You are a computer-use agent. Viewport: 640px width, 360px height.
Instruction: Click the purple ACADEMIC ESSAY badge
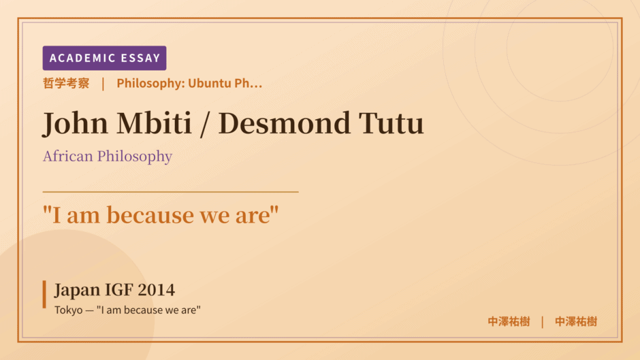click(104, 58)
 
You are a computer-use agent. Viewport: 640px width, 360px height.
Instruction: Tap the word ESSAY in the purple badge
click(140, 58)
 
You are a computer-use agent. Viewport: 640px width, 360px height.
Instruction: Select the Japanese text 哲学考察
click(66, 83)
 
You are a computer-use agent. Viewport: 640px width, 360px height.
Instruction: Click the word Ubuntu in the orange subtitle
click(210, 83)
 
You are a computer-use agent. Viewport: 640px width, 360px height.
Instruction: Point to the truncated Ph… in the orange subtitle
click(248, 83)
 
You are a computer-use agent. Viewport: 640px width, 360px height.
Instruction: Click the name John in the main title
click(76, 123)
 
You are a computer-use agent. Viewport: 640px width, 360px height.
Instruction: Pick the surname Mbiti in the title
click(154, 122)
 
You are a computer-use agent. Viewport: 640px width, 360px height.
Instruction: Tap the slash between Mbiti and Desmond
click(205, 123)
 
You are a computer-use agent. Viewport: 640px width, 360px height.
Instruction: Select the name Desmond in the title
click(284, 122)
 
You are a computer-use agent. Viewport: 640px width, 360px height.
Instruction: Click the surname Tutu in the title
click(391, 122)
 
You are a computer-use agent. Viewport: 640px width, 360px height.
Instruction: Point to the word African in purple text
click(68, 156)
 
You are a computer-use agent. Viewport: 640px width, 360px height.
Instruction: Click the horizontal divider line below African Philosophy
click(171, 191)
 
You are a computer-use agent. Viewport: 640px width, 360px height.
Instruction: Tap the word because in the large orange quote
click(150, 214)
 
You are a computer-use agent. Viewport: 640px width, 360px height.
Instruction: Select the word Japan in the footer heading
click(77, 290)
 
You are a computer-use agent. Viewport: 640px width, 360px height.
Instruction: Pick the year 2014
click(157, 290)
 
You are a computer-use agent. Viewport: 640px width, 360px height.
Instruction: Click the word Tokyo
click(69, 310)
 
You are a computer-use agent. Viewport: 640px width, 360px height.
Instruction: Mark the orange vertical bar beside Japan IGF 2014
click(44, 294)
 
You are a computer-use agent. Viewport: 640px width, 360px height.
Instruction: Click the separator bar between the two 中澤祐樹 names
click(543, 322)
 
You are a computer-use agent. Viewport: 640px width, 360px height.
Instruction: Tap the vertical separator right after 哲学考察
click(103, 84)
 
